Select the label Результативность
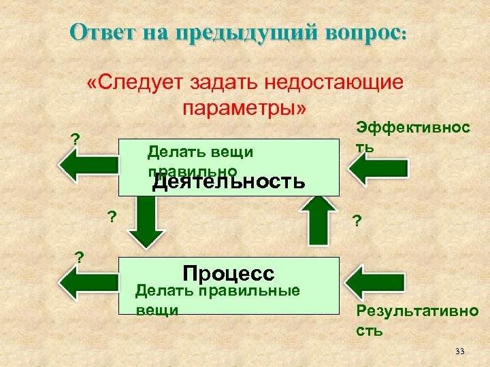[x=416, y=321]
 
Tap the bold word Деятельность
[x=229, y=182]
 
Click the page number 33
[x=459, y=351]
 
